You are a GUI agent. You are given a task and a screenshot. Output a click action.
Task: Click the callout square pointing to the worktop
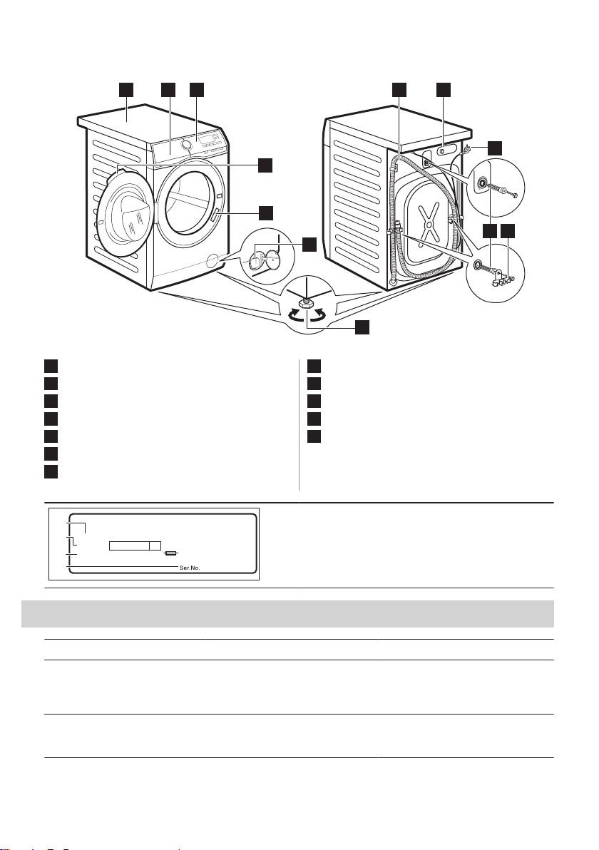click(x=126, y=89)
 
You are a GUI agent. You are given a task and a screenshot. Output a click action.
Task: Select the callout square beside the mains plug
click(x=494, y=148)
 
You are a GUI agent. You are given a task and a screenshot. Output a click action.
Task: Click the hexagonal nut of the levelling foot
click(x=306, y=302)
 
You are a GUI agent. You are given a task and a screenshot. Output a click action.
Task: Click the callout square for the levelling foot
click(x=362, y=327)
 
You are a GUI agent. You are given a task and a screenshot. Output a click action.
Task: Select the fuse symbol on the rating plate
click(x=170, y=553)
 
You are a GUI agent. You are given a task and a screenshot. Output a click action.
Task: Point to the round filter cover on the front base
click(x=213, y=262)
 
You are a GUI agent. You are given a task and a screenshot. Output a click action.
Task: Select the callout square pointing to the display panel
click(x=197, y=89)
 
